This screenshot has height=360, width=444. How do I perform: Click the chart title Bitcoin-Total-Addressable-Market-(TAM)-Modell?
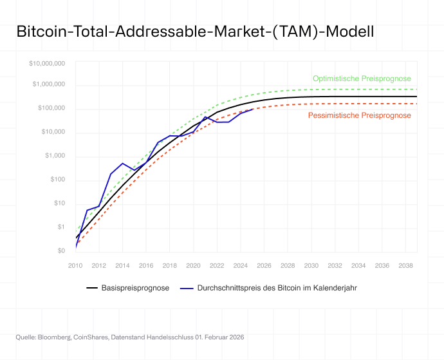(194, 32)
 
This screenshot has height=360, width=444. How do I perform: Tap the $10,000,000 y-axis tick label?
(47, 63)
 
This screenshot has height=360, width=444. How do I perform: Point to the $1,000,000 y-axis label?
(49, 84)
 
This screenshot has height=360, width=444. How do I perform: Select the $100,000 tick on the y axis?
(51, 108)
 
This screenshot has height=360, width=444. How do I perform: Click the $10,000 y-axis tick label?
(52, 132)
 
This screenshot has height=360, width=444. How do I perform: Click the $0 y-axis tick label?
(60, 251)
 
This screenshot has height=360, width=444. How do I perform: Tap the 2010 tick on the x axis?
(75, 265)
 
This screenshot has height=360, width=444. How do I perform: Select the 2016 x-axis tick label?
(146, 265)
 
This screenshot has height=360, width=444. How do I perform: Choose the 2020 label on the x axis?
(193, 265)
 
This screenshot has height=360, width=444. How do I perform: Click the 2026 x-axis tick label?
(264, 265)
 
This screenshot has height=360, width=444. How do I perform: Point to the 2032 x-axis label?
(335, 265)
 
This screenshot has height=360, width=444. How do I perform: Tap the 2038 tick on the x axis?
(405, 265)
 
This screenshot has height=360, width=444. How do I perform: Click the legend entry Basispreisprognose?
(135, 288)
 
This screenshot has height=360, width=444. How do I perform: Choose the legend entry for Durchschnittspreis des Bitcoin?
(277, 288)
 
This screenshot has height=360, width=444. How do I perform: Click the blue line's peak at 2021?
(205, 117)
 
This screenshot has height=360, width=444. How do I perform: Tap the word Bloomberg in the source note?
(53, 337)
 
